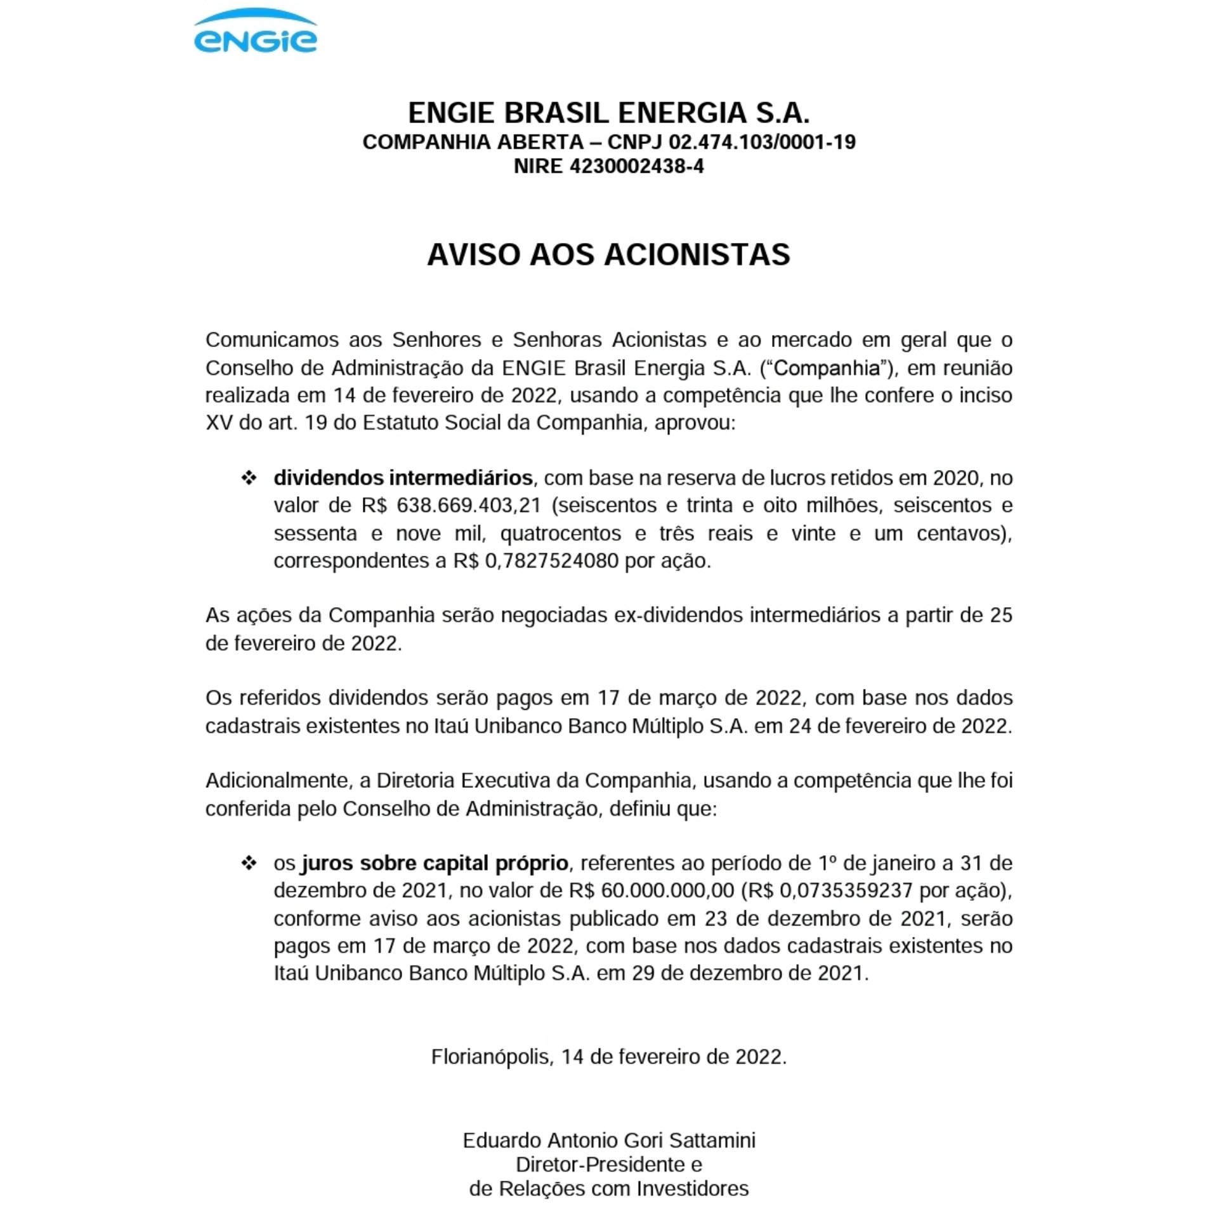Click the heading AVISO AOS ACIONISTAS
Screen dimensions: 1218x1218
[x=608, y=255]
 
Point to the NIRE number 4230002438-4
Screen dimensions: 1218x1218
[x=636, y=167]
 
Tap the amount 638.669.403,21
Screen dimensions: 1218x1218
[x=468, y=506]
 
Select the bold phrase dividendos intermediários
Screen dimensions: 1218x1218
[x=403, y=478]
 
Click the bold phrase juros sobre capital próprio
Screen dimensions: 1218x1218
[x=435, y=863]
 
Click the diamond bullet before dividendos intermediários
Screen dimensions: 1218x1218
[x=249, y=478]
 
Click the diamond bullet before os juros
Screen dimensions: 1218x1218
[x=249, y=863]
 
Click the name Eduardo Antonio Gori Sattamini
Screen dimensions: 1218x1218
[x=609, y=1141]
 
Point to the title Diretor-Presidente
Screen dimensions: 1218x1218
[x=601, y=1165]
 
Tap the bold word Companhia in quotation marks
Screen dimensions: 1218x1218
[x=827, y=368]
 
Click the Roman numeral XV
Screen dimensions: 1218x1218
[x=219, y=423]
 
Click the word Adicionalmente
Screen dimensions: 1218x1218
[x=278, y=781]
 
